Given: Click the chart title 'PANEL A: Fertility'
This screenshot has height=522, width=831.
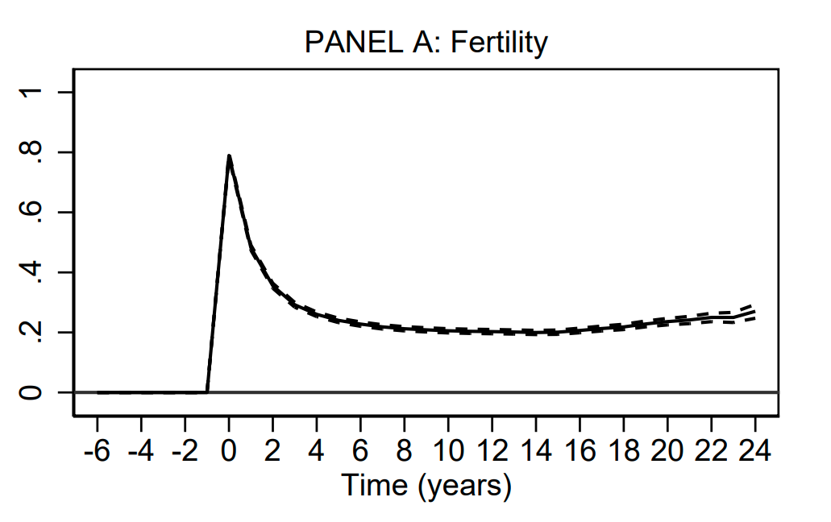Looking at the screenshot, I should (426, 42).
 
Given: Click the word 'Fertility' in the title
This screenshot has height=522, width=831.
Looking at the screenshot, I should (499, 42).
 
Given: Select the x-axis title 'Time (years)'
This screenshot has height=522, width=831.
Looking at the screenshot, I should (426, 486).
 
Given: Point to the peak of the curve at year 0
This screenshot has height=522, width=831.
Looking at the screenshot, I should (229, 156).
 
